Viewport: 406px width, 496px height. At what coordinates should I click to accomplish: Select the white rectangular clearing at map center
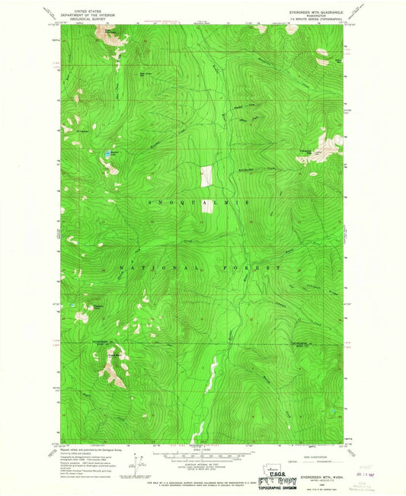coord(204,176)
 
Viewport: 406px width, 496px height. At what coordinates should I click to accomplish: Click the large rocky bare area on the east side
coord(330,145)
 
